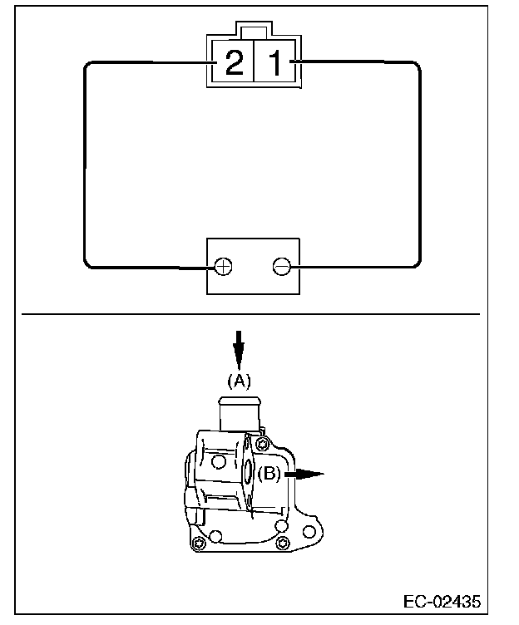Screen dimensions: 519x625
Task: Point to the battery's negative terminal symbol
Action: (x=283, y=267)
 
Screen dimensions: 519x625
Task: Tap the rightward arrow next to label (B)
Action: (x=304, y=475)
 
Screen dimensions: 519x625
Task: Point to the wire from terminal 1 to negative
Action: (x=419, y=166)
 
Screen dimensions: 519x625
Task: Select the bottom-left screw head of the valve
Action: (x=198, y=544)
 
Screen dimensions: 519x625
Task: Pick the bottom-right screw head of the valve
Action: (x=283, y=544)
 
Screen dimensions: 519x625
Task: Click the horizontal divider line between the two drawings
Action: (x=250, y=315)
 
